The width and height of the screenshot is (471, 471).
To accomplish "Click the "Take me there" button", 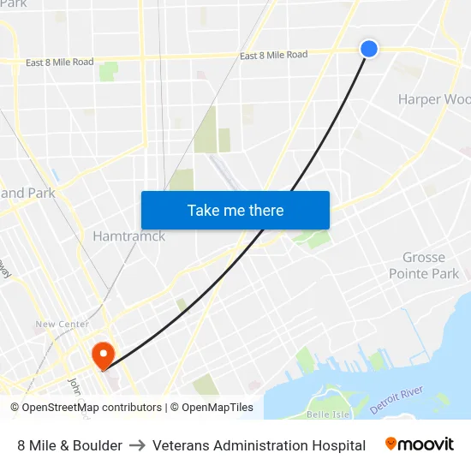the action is point(235,210).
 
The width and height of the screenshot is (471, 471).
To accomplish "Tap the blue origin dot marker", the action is point(369,48).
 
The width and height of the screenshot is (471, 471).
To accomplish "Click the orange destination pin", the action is point(103,355).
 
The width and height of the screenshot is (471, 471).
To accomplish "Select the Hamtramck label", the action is point(128,235).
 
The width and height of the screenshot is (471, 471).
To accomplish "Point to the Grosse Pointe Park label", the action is point(424,265).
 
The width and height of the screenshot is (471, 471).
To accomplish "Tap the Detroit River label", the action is point(396,401).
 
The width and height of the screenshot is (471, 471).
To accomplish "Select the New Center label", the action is point(62,325).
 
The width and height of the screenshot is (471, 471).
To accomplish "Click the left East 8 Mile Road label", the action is point(59,63).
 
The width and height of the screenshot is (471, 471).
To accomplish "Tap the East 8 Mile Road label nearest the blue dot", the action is point(273,56).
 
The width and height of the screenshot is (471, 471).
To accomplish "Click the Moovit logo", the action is point(420,444).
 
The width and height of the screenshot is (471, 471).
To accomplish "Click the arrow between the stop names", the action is point(137,445).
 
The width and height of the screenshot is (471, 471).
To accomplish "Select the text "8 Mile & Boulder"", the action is point(69,445).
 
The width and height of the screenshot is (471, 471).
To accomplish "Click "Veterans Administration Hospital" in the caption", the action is point(259,445).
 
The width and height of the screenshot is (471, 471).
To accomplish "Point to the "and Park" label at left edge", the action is point(27,193).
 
